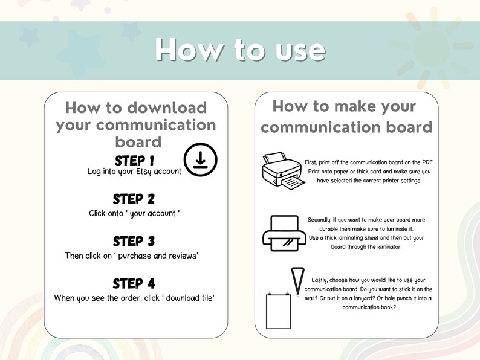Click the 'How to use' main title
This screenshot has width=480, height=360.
coord(240,50)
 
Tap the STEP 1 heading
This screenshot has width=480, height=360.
coord(135,161)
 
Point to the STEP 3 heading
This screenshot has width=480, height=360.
coord(135,242)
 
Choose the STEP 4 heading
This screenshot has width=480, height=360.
coord(135,283)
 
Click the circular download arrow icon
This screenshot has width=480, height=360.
coord(200,160)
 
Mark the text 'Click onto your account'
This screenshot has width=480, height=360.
coord(135,213)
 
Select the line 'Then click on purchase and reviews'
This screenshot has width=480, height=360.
coord(132,256)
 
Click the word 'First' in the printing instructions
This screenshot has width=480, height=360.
coord(311,162)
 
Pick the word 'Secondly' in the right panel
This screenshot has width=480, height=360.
coord(320,220)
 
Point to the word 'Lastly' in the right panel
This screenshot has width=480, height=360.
coord(321,280)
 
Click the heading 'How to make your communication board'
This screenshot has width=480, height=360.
coord(346,117)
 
